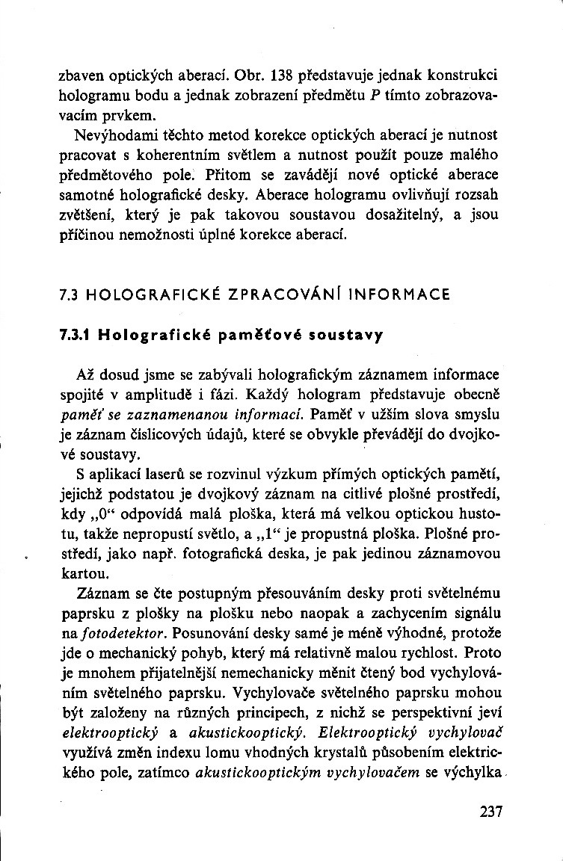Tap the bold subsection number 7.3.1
coord(75,336)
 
